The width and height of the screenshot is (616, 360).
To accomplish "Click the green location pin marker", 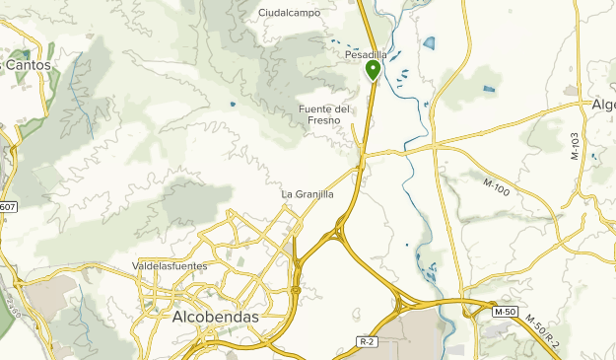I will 374,70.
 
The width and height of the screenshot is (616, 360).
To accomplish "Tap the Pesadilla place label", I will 366,55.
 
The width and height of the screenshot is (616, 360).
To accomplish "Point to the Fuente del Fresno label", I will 324,113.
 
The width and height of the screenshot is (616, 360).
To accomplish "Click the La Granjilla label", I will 308,194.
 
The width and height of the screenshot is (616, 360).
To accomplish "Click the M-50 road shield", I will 505,312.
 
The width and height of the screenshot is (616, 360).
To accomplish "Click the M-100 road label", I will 497,185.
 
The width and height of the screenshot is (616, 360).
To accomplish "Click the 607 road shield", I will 8,207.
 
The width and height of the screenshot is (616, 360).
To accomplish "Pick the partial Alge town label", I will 602,106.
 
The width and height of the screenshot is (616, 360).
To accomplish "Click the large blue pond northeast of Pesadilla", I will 429,43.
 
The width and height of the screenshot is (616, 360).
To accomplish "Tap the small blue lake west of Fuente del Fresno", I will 233,104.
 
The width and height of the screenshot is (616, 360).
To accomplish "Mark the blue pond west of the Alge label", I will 490,90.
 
